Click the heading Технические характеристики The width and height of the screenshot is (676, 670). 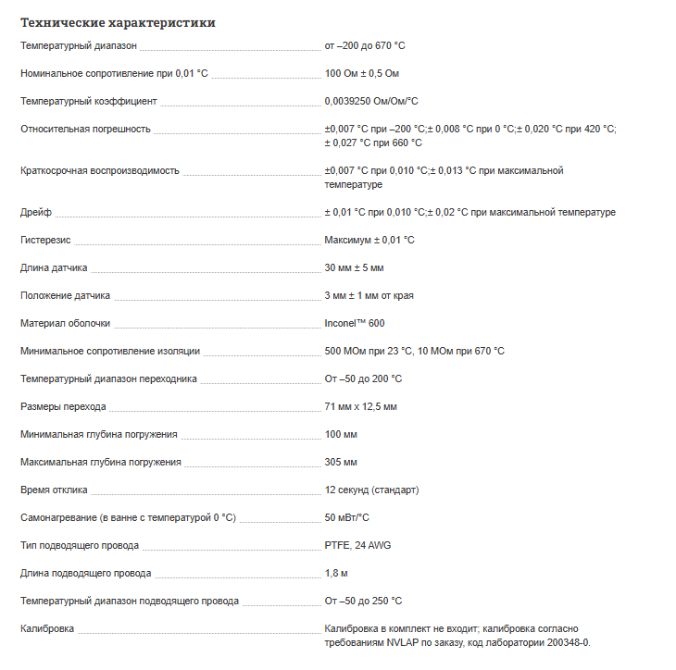pos(118,22)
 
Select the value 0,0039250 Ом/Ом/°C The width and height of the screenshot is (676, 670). pos(370,101)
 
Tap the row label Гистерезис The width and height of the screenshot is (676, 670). pos(45,240)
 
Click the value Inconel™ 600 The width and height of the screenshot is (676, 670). pos(354,323)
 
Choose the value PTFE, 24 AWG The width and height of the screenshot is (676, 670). pos(357,545)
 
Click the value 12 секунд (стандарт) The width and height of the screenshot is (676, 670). pos(371,490)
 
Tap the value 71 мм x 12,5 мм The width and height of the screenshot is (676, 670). pos(360,406)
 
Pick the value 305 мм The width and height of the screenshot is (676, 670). pos(341,462)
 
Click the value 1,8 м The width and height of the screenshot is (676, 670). pos(336,573)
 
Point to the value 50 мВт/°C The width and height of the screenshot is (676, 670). pos(347,517)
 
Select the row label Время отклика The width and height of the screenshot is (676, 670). pos(54,490)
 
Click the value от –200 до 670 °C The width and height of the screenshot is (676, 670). pos(365,45)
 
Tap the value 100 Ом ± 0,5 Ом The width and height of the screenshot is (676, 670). pos(362,73)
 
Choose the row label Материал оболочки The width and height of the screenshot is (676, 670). pos(65,323)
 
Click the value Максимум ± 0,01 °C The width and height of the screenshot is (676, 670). pos(369,240)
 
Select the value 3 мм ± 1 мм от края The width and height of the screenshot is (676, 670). pos(369,295)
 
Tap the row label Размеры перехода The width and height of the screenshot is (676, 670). pos(63,406)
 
